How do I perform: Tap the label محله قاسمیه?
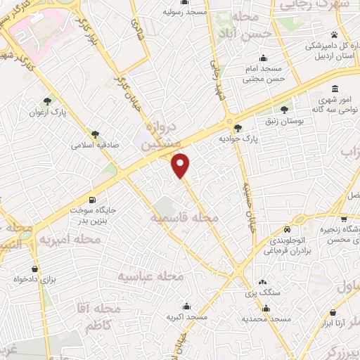(x=184, y=219)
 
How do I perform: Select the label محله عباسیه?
(x=150, y=276)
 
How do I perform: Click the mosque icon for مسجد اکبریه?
(x=186, y=307)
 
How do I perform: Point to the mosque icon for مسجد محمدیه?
(x=266, y=307)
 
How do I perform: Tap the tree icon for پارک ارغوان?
(x=47, y=101)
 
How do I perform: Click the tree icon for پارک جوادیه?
(x=238, y=127)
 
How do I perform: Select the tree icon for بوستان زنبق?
(x=284, y=109)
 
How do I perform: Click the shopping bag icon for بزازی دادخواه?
(x=34, y=269)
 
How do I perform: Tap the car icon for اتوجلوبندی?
(x=287, y=230)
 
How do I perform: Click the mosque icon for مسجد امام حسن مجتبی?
(x=263, y=58)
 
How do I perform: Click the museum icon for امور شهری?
(x=333, y=90)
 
